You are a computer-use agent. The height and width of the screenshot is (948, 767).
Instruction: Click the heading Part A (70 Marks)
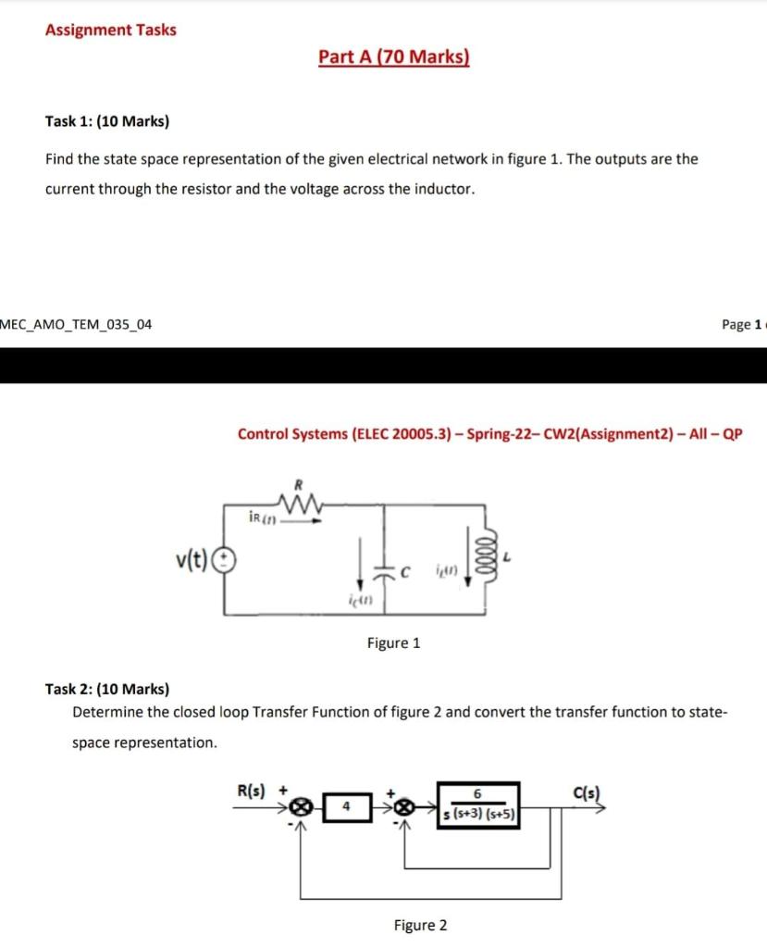point(394,57)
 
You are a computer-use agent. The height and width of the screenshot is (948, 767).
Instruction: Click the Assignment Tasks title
point(111,30)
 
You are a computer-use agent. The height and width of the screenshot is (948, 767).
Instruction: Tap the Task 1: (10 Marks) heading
point(107,121)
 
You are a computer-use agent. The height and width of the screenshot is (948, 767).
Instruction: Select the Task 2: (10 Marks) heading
point(107,689)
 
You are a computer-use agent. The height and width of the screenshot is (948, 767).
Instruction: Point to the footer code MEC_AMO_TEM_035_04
point(77,325)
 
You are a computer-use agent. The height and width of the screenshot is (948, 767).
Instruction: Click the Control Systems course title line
point(489,433)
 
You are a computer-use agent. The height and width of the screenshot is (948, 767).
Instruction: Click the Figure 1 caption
point(393,642)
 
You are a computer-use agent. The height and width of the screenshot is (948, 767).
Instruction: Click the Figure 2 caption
point(420,925)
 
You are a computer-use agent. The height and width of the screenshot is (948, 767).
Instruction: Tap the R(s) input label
point(251,792)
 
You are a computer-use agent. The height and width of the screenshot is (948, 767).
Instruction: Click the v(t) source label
point(193,559)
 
